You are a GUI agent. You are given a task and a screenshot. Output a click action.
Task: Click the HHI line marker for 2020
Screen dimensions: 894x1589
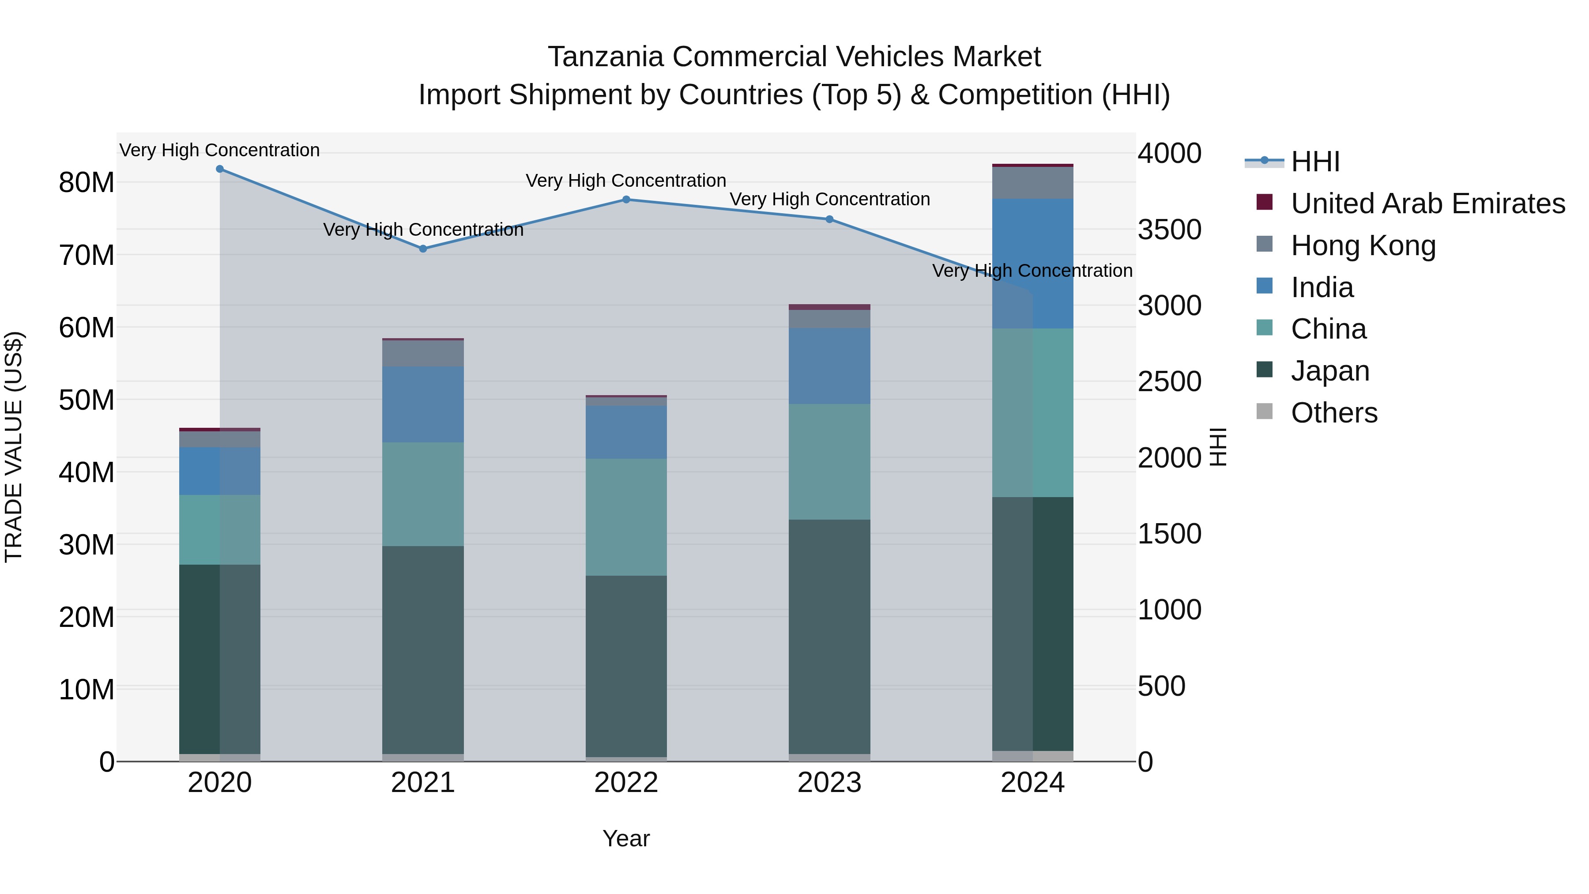pyautogui.click(x=220, y=169)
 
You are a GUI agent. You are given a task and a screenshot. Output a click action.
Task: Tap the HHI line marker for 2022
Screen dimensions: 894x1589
pyautogui.click(x=626, y=199)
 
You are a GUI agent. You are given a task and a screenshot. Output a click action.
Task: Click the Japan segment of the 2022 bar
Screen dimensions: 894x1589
pyautogui.click(x=626, y=666)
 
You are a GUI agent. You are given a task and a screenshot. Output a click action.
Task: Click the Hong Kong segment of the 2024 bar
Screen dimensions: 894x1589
pyautogui.click(x=1032, y=183)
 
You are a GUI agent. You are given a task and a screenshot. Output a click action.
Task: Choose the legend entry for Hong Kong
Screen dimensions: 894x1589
pyautogui.click(x=1363, y=245)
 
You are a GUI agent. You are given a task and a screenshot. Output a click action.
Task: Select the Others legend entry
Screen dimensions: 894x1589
pyautogui.click(x=1333, y=413)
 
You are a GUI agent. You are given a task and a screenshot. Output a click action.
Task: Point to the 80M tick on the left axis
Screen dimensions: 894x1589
pyautogui.click(x=87, y=183)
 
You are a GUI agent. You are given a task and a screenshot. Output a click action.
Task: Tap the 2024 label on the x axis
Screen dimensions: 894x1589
pyautogui.click(x=1032, y=783)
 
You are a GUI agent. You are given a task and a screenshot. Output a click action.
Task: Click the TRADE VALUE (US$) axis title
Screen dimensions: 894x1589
pyautogui.click(x=14, y=447)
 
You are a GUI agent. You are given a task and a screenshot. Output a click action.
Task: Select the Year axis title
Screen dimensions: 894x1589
pyautogui.click(x=626, y=838)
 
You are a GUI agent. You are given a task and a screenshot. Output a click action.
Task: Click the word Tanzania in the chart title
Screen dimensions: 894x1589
pyautogui.click(x=606, y=57)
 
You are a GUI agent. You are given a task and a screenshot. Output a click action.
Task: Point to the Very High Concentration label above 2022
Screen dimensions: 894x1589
pyautogui.click(x=626, y=181)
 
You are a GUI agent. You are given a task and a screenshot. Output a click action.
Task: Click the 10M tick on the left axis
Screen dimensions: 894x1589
pyautogui.click(x=87, y=689)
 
